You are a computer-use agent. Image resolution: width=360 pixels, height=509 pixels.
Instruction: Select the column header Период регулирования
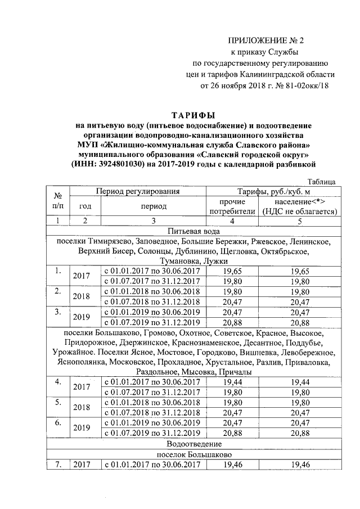point(138,192)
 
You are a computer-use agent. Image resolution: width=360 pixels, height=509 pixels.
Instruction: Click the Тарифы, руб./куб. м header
point(273,192)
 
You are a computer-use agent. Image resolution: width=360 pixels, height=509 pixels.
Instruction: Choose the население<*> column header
point(300,202)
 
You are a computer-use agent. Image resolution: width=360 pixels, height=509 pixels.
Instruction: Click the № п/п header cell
point(57,201)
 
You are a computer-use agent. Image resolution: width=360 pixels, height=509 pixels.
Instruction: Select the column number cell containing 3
point(154,220)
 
